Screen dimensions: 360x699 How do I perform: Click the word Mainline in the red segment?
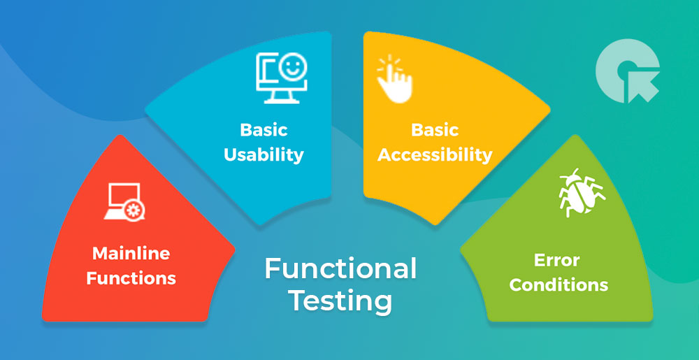coord(131,252)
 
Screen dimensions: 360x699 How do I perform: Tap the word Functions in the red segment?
coord(131,278)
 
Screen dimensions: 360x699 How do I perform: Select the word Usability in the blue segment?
coord(264,154)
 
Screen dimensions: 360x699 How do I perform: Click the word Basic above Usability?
coord(264,130)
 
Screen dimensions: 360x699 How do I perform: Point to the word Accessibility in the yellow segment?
coord(435,154)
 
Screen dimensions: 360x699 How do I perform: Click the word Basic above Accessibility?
coord(435,130)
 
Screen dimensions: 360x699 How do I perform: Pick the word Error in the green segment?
coord(557,261)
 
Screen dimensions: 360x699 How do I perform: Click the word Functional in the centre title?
coord(340,269)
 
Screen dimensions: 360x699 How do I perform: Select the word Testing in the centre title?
coord(340,301)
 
